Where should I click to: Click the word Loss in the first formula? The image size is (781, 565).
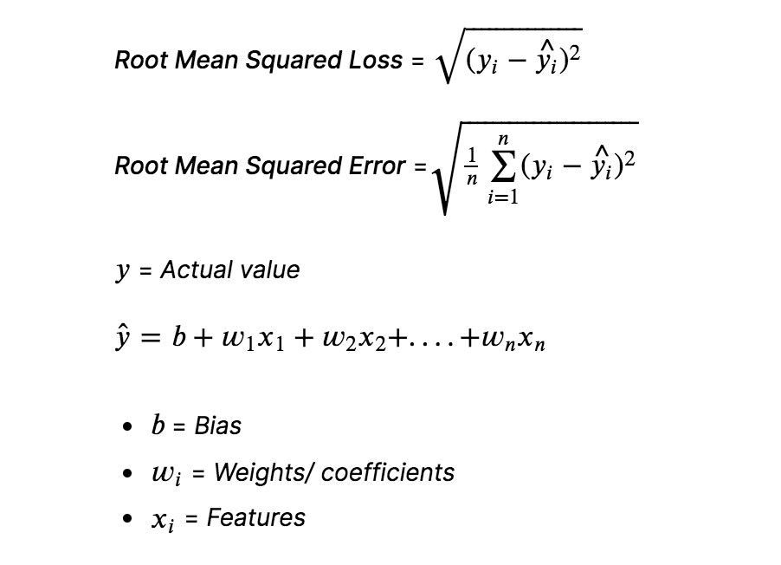tap(375, 61)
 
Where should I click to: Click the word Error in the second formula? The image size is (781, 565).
tap(377, 166)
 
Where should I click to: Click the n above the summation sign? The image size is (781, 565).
tap(501, 138)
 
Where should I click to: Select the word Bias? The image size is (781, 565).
tap(217, 425)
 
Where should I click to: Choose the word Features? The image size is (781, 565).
tap(256, 517)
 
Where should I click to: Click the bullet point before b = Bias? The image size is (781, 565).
tap(129, 426)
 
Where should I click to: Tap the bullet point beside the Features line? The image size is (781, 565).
tap(129, 518)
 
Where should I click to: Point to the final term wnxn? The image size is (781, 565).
tap(510, 341)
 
